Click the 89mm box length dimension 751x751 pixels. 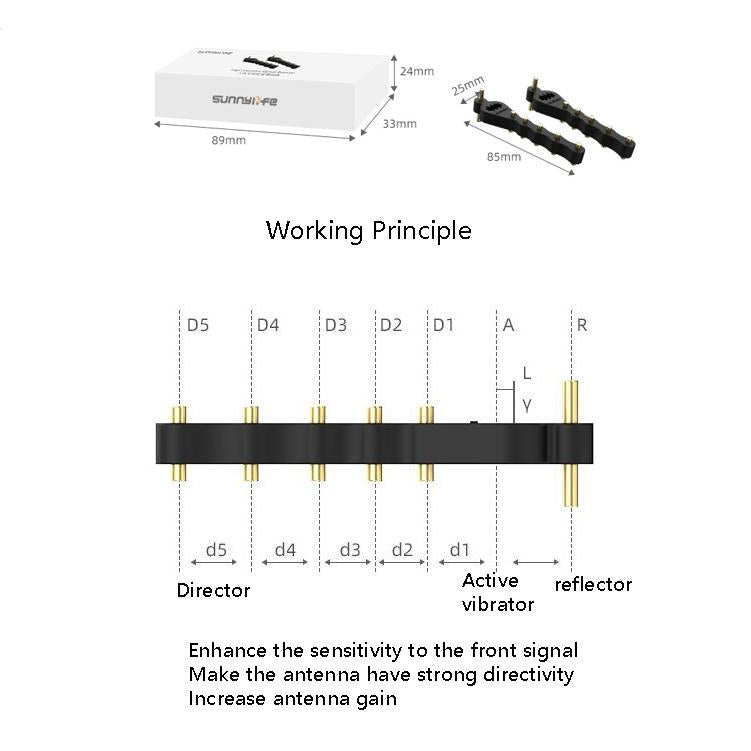tap(228, 140)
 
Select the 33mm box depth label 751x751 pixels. tap(399, 124)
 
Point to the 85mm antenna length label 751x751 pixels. tap(504, 157)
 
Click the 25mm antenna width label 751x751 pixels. tap(468, 87)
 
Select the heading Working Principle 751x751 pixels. tap(368, 231)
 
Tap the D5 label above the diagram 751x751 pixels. tap(198, 325)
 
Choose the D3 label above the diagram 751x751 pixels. tap(335, 325)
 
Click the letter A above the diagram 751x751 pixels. tap(509, 325)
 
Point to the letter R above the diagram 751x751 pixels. tap(582, 325)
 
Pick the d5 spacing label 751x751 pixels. tap(216, 549)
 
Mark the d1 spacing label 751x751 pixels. tap(460, 549)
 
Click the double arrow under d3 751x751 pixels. tap(349, 562)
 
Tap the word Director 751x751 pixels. tap(213, 590)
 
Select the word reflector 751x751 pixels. tap(593, 585)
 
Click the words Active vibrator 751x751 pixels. tap(497, 592)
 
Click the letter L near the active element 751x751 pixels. tap(527, 373)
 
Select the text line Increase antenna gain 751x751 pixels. tap(292, 698)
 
